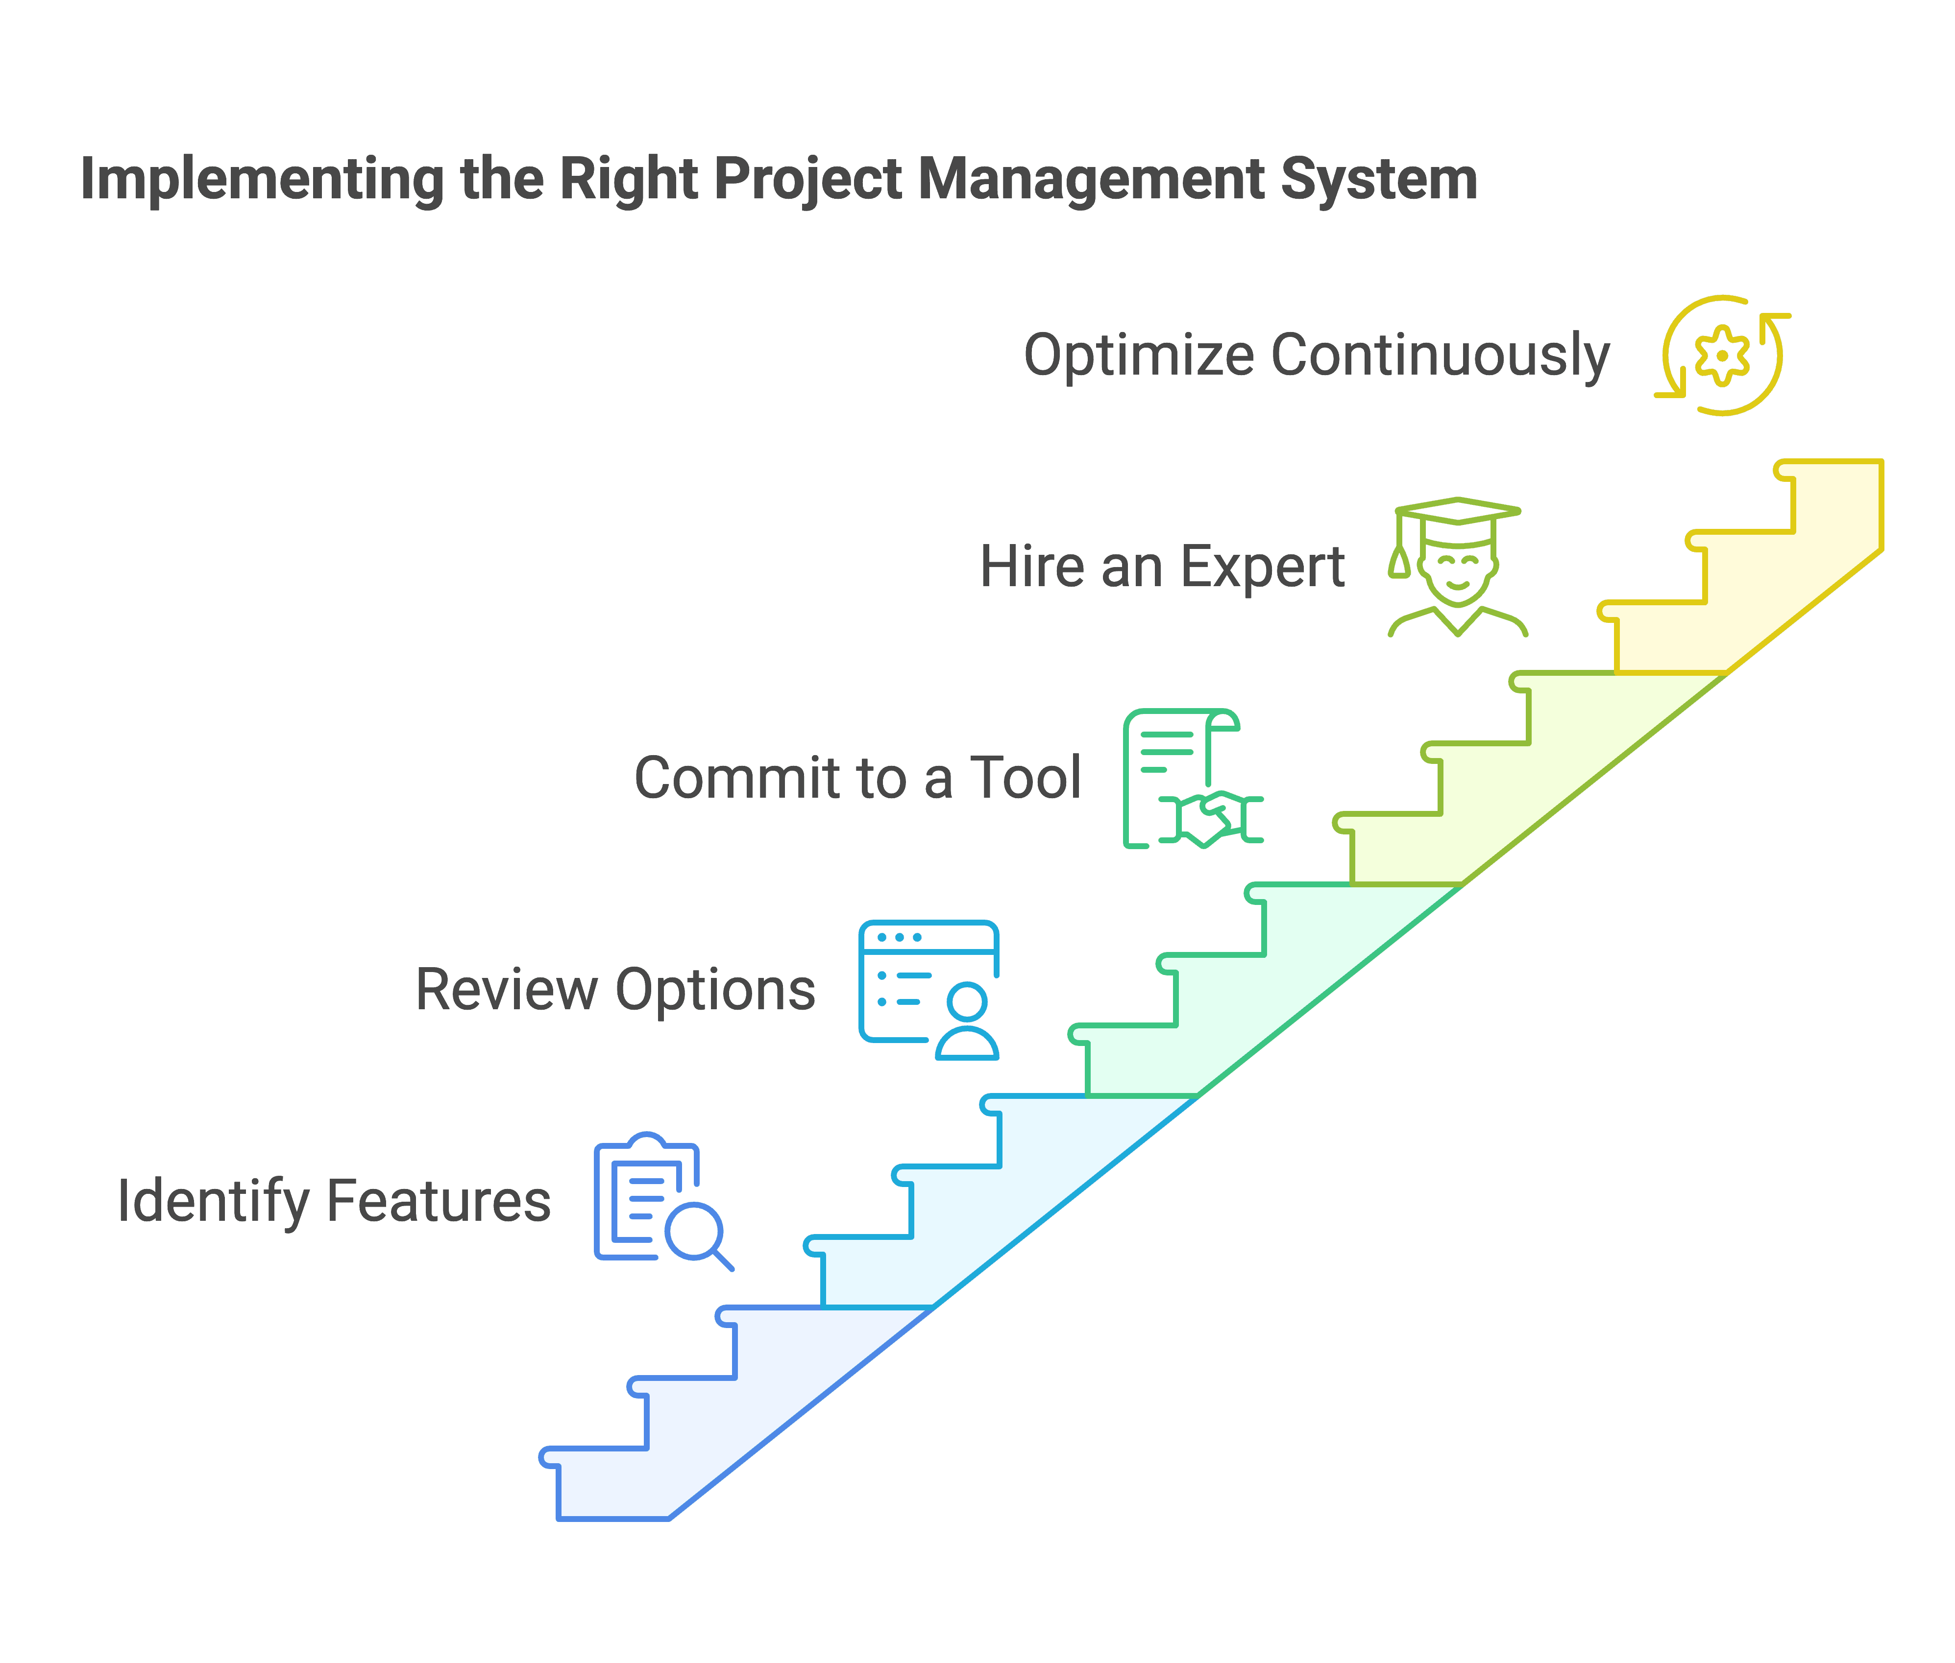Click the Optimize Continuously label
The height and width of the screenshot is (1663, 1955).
(1317, 356)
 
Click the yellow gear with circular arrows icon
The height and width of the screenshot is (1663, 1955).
(1722, 356)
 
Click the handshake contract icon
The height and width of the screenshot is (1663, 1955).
(1192, 779)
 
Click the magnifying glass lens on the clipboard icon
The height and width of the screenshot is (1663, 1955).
(694, 1230)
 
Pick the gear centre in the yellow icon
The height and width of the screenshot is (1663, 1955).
(1722, 356)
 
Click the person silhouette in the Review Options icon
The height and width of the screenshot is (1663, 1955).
(967, 1023)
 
